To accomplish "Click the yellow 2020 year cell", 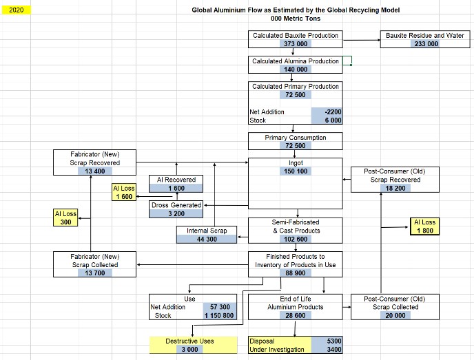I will pyautogui.click(x=16, y=10).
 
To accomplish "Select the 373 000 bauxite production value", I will pyautogui.click(x=295, y=44).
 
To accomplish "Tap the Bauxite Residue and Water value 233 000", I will pyautogui.click(x=425, y=44).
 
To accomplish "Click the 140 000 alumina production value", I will pyautogui.click(x=295, y=70).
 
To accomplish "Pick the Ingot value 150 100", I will pyautogui.click(x=295, y=171).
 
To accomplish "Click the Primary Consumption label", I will pyautogui.click(x=295, y=138).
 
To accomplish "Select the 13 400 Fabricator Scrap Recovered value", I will pyautogui.click(x=95, y=171).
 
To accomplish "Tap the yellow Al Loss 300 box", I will pyautogui.click(x=65, y=218).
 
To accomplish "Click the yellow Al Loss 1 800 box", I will pyautogui.click(x=425, y=226).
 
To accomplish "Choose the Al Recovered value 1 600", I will pyautogui.click(x=176, y=188).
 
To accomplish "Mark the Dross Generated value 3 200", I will pyautogui.click(x=176, y=213).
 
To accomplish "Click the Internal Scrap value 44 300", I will pyautogui.click(x=207, y=239).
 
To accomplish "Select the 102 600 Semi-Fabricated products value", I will pyautogui.click(x=295, y=239).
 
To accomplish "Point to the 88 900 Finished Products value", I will pyautogui.click(x=295, y=273).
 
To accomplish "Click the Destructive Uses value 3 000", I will pyautogui.click(x=191, y=349).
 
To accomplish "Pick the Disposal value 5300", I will pyautogui.click(x=327, y=341).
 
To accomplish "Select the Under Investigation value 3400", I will pyautogui.click(x=327, y=350).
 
